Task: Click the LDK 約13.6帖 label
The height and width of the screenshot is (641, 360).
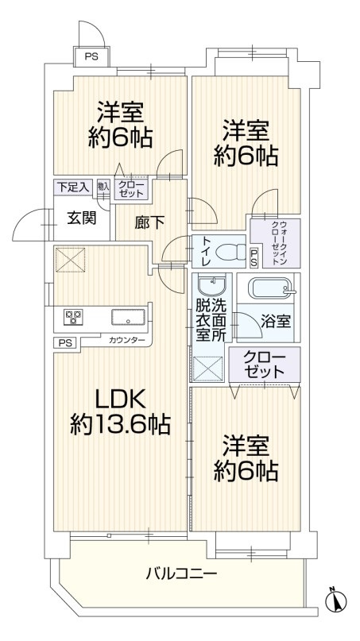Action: [122, 410]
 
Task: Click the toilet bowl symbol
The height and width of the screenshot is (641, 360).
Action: [227, 252]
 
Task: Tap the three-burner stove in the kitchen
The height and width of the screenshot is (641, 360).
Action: [74, 318]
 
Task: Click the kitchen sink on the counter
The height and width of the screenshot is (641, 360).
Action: [127, 318]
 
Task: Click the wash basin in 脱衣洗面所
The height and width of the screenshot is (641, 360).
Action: [211, 285]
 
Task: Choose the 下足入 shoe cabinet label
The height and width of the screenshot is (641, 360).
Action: [72, 187]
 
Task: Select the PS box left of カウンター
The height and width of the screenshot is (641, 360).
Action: [64, 342]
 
